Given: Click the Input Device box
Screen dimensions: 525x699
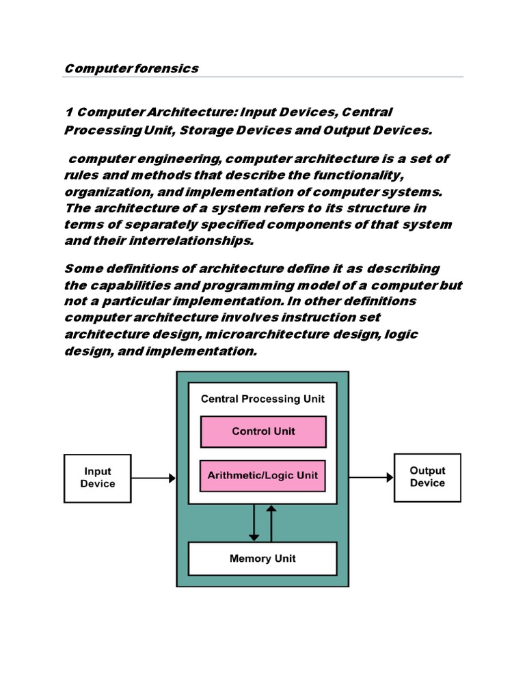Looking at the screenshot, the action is click(x=98, y=478).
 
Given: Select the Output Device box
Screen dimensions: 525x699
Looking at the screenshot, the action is click(x=427, y=477).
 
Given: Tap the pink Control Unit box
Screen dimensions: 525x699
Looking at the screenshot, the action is click(x=263, y=431).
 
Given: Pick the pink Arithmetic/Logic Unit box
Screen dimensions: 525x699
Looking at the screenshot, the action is click(x=263, y=475).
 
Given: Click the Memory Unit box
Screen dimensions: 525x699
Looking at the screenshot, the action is click(x=262, y=558).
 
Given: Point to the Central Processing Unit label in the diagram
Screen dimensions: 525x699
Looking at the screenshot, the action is click(x=262, y=399).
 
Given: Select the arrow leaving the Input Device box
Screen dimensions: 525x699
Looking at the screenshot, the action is click(x=154, y=479).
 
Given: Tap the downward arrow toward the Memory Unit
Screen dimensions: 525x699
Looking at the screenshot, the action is click(x=254, y=523).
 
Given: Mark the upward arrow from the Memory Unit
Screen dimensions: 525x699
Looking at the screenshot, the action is click(x=271, y=523).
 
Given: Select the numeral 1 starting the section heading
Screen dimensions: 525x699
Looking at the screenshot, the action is click(x=68, y=111).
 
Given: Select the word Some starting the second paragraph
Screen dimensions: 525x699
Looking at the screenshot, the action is click(x=79, y=268).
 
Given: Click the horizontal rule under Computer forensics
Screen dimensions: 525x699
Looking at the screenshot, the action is click(x=262, y=77).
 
